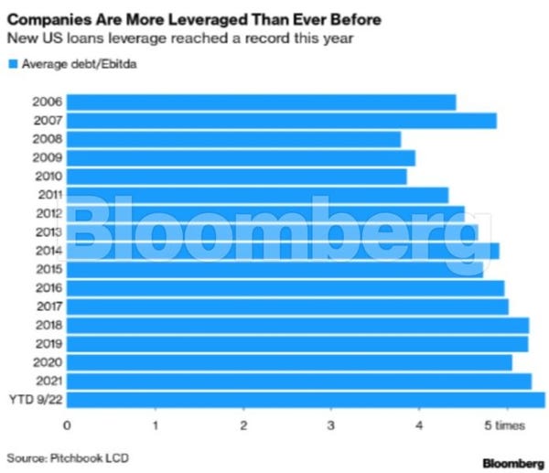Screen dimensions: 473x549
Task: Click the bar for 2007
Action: [281, 121]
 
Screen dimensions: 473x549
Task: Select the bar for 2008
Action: [233, 139]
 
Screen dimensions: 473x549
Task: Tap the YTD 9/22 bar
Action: [306, 399]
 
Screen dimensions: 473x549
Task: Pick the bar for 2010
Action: [236, 177]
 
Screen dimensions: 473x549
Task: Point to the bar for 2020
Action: [289, 362]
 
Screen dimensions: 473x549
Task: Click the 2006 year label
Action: [47, 102]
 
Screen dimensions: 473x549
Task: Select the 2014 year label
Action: [47, 251]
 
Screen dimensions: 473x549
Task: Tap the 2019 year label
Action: [47, 343]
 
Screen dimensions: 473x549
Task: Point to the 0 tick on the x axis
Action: [67, 425]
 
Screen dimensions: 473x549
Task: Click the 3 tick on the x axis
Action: [331, 425]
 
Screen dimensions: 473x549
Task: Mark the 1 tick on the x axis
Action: [156, 425]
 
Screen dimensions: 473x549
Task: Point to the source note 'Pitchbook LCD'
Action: [81, 457]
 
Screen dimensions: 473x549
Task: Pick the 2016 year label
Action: [47, 287]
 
